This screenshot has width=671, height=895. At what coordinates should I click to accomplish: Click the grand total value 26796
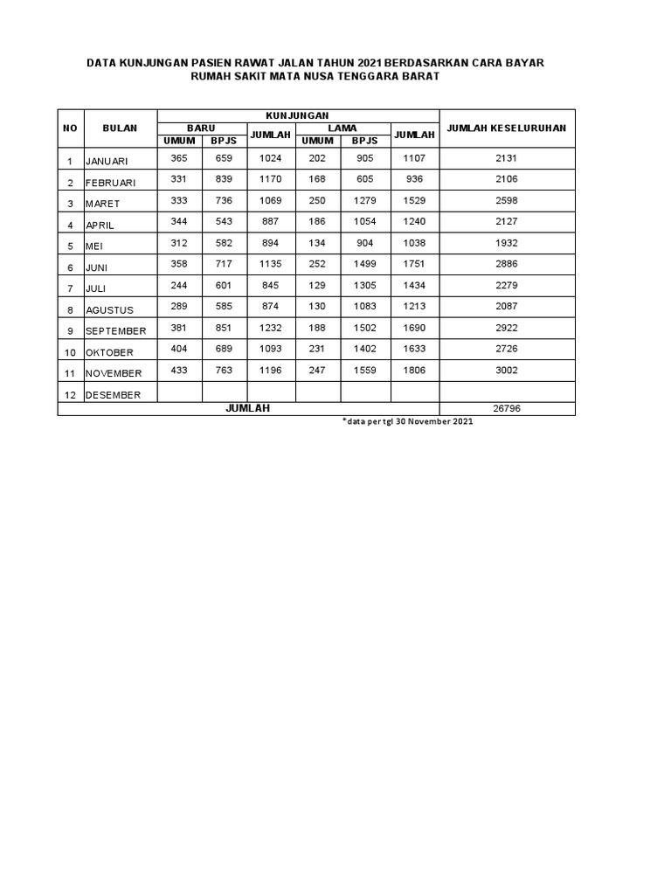coord(507,408)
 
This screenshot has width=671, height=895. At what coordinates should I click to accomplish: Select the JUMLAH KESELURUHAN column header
coord(507,128)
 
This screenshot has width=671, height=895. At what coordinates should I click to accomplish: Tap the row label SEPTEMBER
coord(115,331)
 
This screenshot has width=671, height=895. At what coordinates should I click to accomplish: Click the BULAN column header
coord(120,128)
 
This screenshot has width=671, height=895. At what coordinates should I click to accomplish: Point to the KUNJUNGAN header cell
coord(297,115)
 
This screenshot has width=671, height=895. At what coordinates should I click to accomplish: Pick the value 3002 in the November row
coord(507,371)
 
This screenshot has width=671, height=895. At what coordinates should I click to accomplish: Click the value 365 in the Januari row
coord(180,158)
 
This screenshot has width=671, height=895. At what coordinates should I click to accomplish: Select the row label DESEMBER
coord(113,395)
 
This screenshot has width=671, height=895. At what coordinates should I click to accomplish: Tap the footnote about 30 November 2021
coord(408,421)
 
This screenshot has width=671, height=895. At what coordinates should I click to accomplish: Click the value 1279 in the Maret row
coord(365,200)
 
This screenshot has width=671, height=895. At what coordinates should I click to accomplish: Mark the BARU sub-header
coord(202,128)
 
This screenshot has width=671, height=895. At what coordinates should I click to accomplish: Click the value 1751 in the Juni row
coord(416,264)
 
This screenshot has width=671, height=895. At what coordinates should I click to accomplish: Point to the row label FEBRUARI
coord(113,183)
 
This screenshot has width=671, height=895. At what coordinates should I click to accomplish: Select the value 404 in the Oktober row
coord(180,349)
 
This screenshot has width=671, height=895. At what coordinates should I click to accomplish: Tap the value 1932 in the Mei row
coord(507,243)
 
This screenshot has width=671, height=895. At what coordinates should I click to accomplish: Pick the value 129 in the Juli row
coord(317,285)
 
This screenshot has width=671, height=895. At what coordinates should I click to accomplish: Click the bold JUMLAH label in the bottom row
coord(248,408)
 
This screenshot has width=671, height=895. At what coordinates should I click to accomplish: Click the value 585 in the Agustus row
coord(225,306)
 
